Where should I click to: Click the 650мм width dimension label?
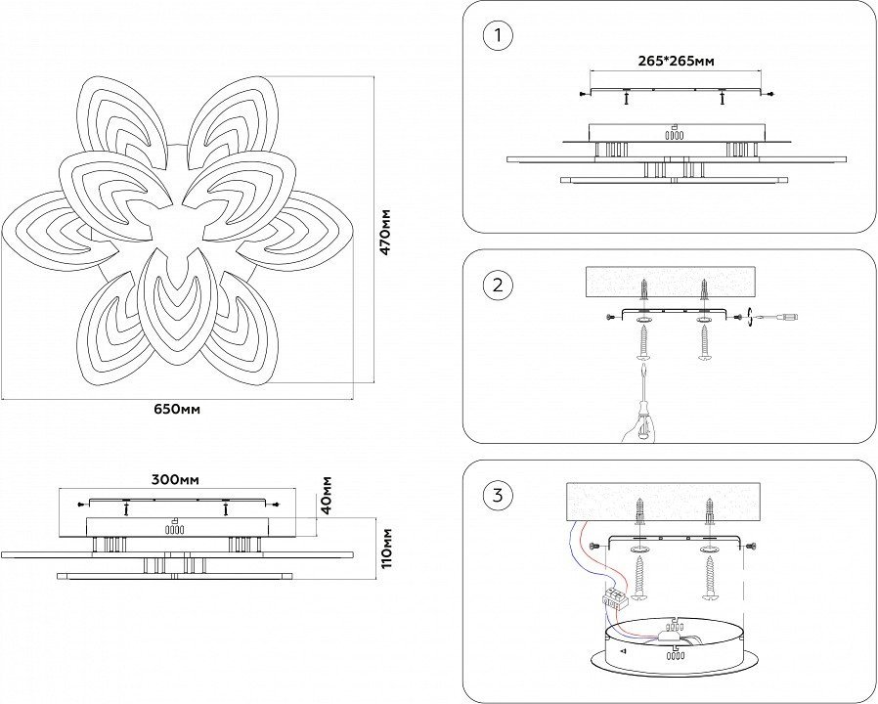pyautogui.click(x=177, y=410)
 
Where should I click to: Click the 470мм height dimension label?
pyautogui.click(x=385, y=232)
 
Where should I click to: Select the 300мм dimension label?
pyautogui.click(x=176, y=480)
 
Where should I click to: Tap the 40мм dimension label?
pyautogui.click(x=327, y=495)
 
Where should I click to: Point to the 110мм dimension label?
pyautogui.click(x=386, y=549)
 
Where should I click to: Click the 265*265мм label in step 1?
pyautogui.click(x=677, y=61)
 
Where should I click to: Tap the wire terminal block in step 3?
pyautogui.click(x=616, y=598)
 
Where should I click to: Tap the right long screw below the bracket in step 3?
pyautogui.click(x=710, y=580)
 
